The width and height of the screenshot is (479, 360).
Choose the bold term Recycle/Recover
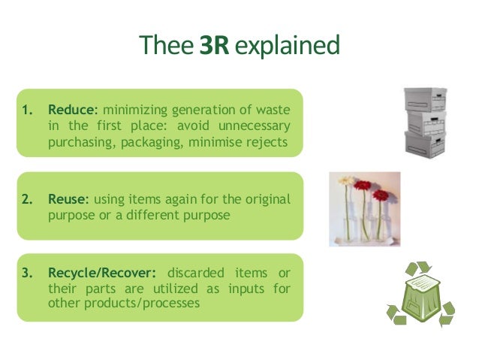101,271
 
